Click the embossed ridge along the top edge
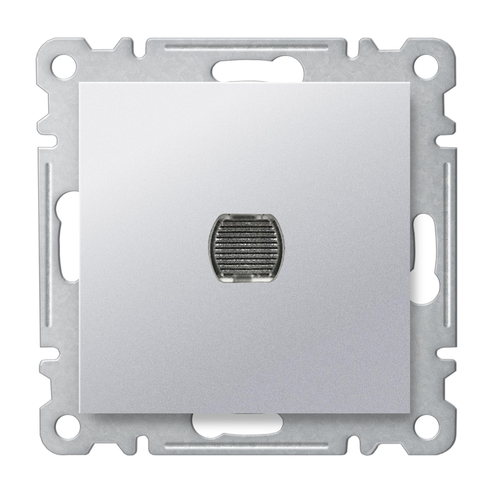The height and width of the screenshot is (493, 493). point(246,48)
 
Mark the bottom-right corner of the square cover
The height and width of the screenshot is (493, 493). point(411,412)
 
